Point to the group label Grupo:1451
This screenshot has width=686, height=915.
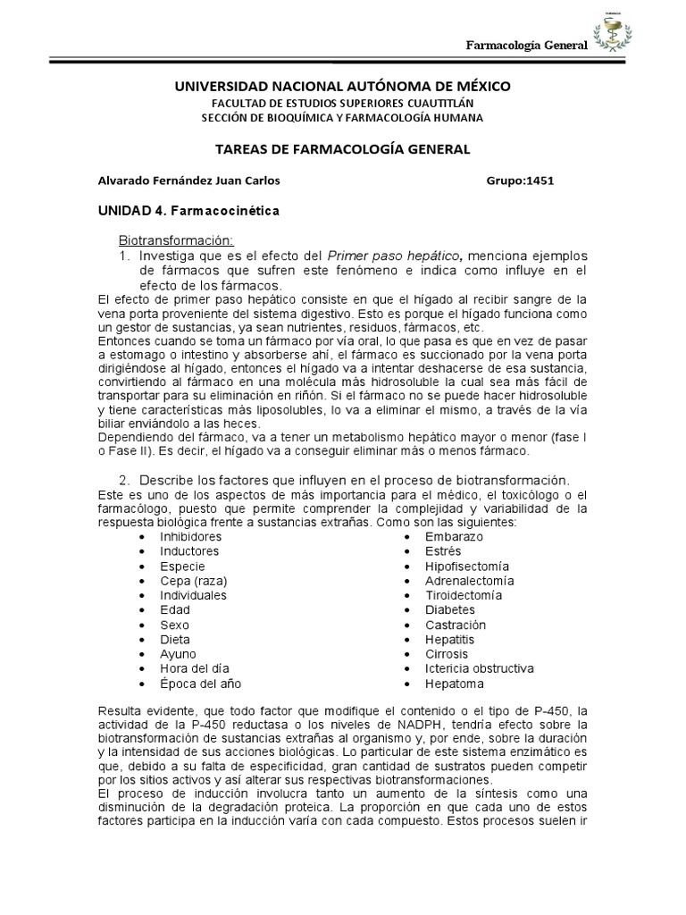[x=520, y=180]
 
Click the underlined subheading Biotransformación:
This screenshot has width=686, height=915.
[x=176, y=241]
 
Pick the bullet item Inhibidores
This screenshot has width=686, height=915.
[x=190, y=537]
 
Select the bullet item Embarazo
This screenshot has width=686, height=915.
[x=454, y=537]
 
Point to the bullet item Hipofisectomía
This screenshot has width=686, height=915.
[x=467, y=567]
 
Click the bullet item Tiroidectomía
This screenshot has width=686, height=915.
[x=464, y=596]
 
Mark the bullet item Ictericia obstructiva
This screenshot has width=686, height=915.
[x=480, y=669]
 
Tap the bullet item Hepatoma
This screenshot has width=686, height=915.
[x=455, y=684]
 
